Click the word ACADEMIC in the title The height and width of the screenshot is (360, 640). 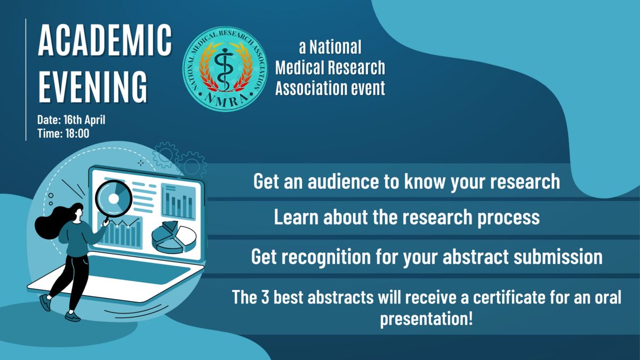coord(105,40)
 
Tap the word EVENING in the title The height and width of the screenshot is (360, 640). coord(93,86)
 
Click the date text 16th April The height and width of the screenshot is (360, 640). coord(84,120)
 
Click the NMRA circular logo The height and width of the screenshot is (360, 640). coord(225,69)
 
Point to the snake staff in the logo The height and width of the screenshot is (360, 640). coord(225,69)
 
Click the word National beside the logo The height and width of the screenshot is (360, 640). coord(335,47)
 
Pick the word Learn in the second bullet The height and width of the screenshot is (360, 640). coord(297,217)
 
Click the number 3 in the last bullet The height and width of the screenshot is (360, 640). coord(265,297)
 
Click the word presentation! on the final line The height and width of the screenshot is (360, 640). coord(426,318)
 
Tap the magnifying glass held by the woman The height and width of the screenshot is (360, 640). coord(114,199)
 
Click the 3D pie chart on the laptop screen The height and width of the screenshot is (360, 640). coord(174,237)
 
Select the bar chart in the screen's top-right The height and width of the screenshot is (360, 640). coord(178,201)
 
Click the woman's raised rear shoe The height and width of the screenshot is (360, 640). coord(45,302)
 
